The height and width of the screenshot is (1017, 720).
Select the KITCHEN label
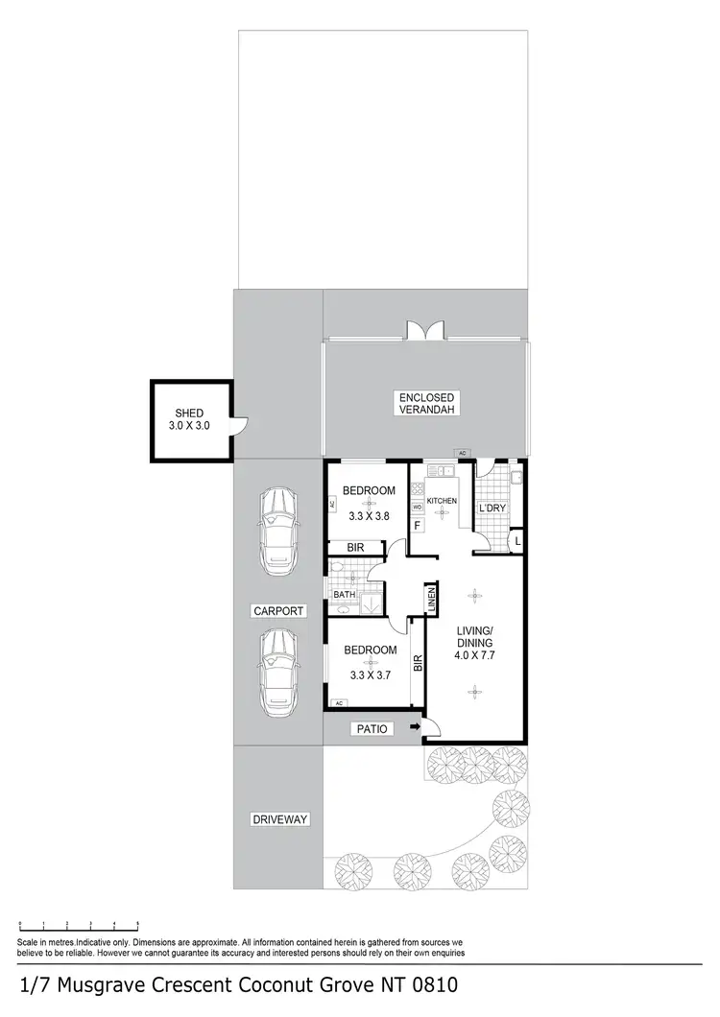[442, 501]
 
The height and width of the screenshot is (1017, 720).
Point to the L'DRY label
[492, 508]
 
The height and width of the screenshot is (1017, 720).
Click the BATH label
[345, 595]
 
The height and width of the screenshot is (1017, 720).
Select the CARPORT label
[278, 610]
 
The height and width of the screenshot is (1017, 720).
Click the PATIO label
[372, 729]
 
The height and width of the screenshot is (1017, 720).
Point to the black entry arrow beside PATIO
[415, 729]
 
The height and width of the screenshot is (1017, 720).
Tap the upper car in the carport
[277, 533]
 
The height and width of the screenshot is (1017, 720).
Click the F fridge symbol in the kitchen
[418, 526]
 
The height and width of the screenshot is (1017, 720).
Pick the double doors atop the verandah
[424, 329]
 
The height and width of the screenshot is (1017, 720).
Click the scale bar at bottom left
[79, 925]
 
